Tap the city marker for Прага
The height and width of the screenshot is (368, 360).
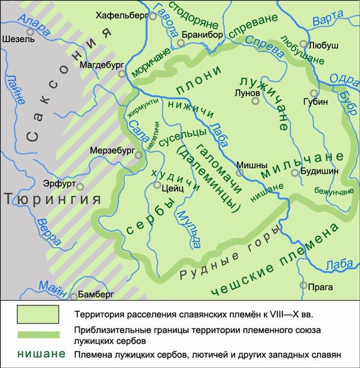click(303, 285)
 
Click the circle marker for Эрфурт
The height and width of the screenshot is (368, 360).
click(80, 187)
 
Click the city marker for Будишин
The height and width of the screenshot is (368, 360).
click(295, 172)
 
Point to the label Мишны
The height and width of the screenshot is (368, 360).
click(251, 165)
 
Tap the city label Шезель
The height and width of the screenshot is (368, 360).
click(18, 40)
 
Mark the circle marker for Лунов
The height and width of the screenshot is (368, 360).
click(255, 101)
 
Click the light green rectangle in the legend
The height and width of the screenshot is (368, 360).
click(38, 314)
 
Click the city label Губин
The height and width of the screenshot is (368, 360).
click(325, 101)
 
